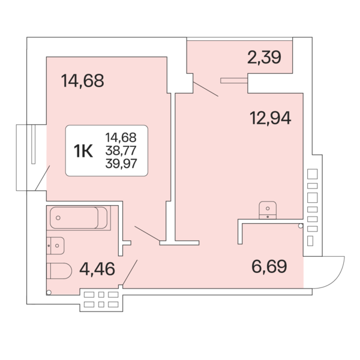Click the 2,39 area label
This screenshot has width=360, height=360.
click(264, 58)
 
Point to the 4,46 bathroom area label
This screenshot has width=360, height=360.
click(97, 268)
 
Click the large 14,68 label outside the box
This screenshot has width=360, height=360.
click(83, 80)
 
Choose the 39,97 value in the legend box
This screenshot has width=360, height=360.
click(121, 164)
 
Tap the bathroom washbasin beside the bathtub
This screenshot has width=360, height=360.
click(55, 245)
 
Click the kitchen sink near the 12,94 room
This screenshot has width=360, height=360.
click(267, 210)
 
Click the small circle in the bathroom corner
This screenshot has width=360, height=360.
click(48, 292)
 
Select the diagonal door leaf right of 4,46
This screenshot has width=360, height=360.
click(130, 272)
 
